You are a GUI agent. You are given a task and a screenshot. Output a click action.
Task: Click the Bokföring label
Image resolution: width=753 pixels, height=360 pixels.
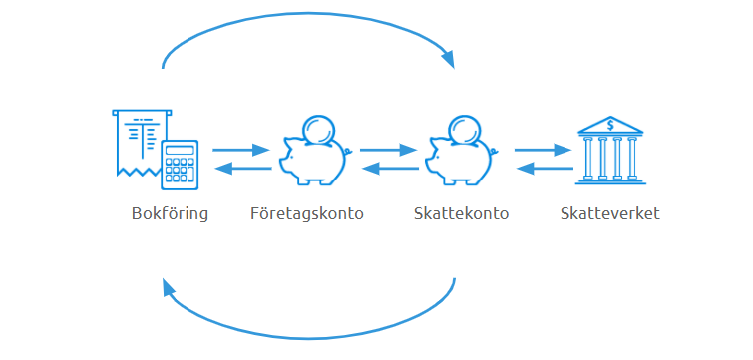pyautogui.click(x=170, y=214)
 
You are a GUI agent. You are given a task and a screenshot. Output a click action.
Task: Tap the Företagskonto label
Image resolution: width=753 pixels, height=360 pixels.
pyautogui.click(x=306, y=214)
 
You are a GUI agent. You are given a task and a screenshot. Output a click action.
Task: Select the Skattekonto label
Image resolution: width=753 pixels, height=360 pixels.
pyautogui.click(x=462, y=214)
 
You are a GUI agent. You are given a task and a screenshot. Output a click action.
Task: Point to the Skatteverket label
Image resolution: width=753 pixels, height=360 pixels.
pyautogui.click(x=609, y=214)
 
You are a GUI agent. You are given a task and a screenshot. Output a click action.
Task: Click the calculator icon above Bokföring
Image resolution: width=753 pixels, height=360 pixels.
pyautogui.click(x=180, y=164)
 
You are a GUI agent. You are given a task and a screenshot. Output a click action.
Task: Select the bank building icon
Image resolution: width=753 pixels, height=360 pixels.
pyautogui.click(x=609, y=150)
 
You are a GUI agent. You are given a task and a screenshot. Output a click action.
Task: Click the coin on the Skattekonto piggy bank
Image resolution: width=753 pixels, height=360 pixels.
pyautogui.click(x=466, y=129)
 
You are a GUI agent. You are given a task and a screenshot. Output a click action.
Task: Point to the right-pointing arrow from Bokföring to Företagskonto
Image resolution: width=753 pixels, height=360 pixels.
pyautogui.click(x=241, y=150)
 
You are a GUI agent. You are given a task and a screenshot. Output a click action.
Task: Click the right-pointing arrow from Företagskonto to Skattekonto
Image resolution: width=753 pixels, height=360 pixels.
pyautogui.click(x=388, y=150)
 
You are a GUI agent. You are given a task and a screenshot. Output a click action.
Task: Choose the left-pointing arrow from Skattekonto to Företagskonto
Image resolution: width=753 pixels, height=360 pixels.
pyautogui.click(x=389, y=169)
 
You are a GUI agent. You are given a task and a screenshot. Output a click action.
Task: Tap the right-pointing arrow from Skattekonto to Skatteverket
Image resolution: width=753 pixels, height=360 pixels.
pyautogui.click(x=543, y=150)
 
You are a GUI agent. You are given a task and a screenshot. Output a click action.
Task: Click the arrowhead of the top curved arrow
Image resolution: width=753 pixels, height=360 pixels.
pyautogui.click(x=448, y=59)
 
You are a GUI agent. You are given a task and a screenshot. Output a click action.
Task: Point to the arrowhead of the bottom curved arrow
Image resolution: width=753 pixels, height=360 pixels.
pyautogui.click(x=168, y=290)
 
